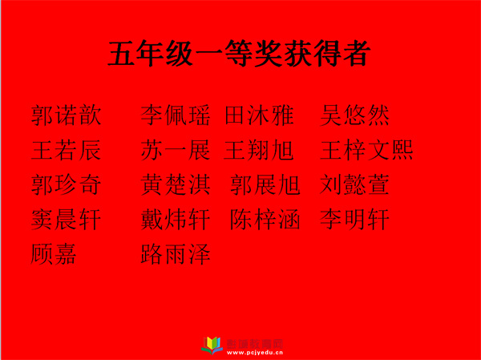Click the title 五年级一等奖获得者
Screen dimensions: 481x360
click(239, 54)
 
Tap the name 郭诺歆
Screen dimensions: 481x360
click(66, 115)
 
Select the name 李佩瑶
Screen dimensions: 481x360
click(176, 115)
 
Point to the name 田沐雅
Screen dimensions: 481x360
click(259, 115)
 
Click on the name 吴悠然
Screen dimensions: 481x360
click(354, 115)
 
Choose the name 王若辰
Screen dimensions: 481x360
click(66, 150)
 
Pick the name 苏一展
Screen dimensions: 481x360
click(176, 150)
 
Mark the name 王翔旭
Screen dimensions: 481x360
click(259, 150)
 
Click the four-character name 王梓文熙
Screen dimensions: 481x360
click(366, 150)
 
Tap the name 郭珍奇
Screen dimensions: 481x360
click(66, 184)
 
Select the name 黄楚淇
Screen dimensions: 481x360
click(176, 184)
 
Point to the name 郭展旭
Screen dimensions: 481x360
click(265, 184)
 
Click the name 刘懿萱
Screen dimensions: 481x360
click(354, 184)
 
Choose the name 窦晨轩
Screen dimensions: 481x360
click(66, 220)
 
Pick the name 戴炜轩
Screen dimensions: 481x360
click(176, 220)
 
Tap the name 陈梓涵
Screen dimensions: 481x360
click(265, 220)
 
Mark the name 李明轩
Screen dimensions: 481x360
click(354, 220)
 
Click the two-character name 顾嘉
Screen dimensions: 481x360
click(54, 254)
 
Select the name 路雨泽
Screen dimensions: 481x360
click(176, 254)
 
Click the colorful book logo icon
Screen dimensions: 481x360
click(212, 346)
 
